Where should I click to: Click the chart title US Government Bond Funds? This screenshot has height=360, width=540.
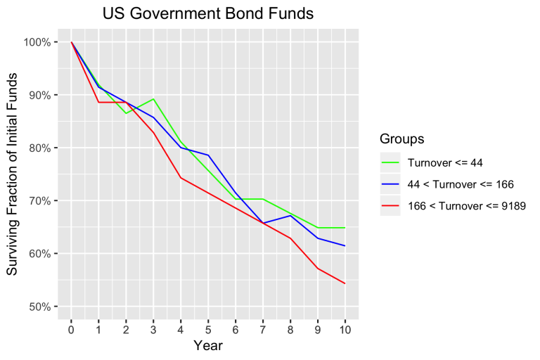click(x=207, y=13)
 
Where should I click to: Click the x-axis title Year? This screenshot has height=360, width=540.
click(x=207, y=345)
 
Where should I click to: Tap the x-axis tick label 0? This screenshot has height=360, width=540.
click(x=71, y=328)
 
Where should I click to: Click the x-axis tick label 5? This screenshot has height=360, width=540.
click(x=208, y=328)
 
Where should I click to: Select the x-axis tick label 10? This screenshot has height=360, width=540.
click(x=345, y=328)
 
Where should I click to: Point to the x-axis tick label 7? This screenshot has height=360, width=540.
click(x=262, y=328)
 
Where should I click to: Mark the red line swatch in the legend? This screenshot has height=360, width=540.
click(x=390, y=205)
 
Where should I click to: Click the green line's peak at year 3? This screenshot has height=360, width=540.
click(x=153, y=99)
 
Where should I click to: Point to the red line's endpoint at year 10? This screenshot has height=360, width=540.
click(x=345, y=283)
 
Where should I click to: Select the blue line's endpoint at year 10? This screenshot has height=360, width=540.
click(x=345, y=245)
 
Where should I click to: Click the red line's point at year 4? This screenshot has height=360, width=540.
click(x=181, y=178)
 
